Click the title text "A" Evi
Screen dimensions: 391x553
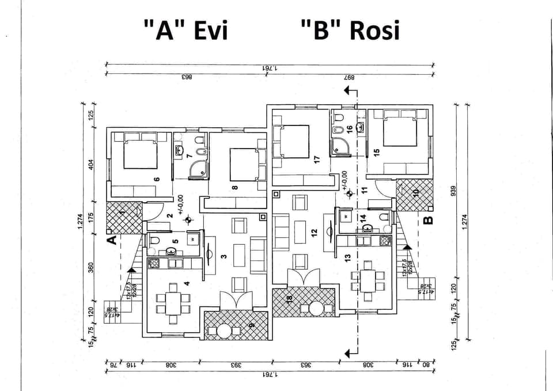pos(185,30)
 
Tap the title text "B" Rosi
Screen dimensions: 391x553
pos(350,30)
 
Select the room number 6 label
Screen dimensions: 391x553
pos(156,179)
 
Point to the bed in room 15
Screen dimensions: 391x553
pos(400,133)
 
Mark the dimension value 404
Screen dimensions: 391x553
pos(90,165)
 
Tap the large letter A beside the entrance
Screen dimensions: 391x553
pos(112,239)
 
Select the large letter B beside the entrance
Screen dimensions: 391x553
pos(428,219)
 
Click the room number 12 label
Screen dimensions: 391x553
pos(314,233)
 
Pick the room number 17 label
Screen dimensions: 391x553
pos(316,160)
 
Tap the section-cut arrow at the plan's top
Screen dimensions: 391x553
pos(349,91)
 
